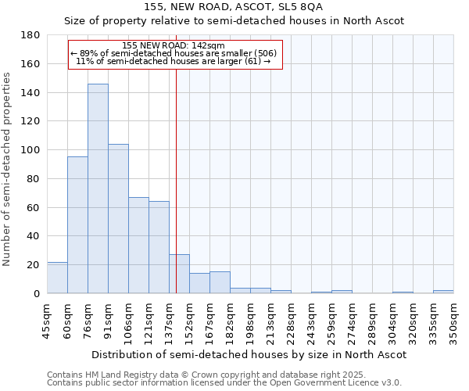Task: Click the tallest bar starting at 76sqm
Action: (98, 188)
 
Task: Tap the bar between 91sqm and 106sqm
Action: (118, 219)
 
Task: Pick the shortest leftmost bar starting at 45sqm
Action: (57, 278)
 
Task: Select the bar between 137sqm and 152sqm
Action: (179, 274)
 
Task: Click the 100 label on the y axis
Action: (31, 150)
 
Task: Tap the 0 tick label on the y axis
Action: (37, 294)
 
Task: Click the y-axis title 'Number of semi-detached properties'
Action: (7, 168)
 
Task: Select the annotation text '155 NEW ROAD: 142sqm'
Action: (174, 46)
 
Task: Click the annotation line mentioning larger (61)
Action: (174, 61)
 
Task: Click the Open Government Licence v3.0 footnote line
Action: (224, 383)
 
